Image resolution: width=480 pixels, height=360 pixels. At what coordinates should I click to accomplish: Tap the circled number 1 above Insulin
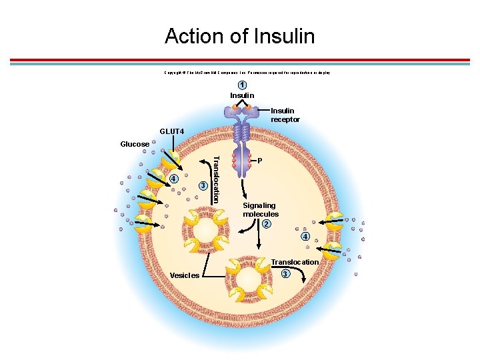pos(243,85)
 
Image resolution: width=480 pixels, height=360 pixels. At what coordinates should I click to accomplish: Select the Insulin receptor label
pos(285,115)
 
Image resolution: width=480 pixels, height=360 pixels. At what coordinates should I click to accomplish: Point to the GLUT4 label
pos(171,132)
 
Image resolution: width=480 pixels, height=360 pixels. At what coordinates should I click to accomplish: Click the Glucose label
pos(135,144)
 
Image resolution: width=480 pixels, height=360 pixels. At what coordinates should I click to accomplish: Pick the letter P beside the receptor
pos(260,161)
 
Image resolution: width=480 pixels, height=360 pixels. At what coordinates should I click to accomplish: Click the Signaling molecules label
pos(260,210)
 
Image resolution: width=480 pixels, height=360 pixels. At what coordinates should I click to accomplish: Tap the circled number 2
pos(266,223)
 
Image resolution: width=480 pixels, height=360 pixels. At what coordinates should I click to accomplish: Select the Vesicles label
pos(184,275)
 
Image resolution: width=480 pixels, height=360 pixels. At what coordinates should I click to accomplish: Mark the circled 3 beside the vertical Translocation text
pos(203,185)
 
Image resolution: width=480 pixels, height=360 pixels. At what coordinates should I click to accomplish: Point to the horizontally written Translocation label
pos(295,262)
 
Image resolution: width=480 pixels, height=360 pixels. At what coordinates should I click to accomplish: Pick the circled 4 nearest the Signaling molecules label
pos(305,237)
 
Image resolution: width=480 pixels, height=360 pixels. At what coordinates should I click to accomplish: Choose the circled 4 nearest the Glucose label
pos(173,178)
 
